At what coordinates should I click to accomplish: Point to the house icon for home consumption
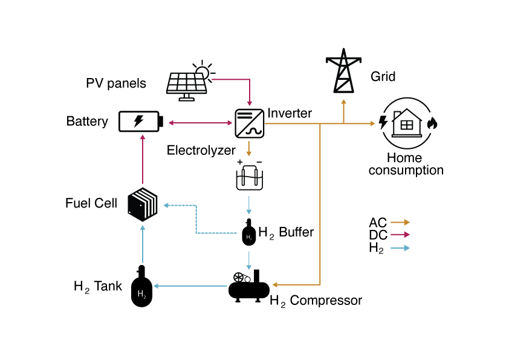click(406, 123)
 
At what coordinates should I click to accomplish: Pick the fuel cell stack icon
click(143, 204)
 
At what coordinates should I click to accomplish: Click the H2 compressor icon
click(249, 285)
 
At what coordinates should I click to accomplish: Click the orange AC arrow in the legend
click(400, 223)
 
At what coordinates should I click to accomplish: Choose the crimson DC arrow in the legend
click(400, 235)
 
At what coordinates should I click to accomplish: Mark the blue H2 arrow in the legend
click(400, 247)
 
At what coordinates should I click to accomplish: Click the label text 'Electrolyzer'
click(201, 150)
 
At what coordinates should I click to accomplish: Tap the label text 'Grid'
click(383, 77)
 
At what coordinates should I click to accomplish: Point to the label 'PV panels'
click(116, 83)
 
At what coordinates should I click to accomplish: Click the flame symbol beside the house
click(432, 123)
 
